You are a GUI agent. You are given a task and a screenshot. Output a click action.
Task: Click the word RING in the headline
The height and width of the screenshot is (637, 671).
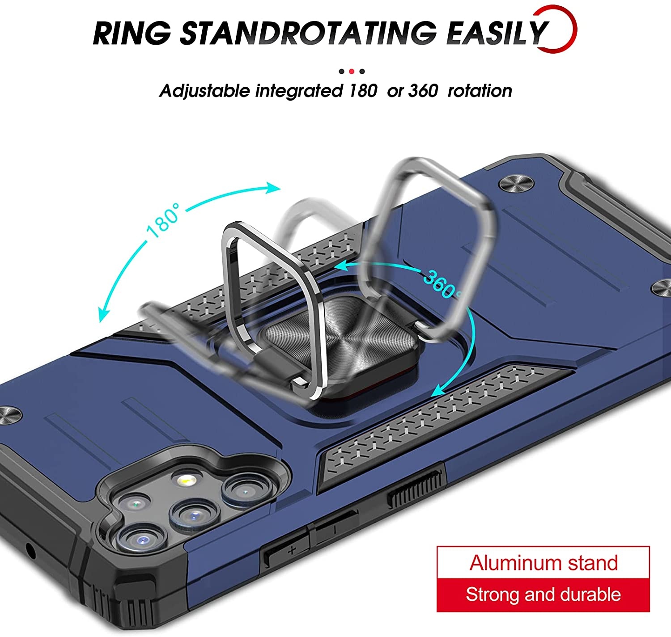tap(132, 33)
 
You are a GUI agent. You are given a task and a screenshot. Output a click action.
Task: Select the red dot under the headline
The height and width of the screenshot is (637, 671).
tap(352, 72)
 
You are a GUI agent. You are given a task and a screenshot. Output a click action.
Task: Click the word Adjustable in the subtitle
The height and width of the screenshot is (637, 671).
tap(204, 92)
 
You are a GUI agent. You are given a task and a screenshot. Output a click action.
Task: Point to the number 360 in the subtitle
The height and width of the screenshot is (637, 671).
tap(423, 91)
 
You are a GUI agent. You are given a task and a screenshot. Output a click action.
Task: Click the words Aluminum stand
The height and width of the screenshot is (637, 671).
tap(544, 563)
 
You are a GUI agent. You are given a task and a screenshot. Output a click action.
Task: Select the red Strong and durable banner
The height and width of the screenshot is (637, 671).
tap(543, 595)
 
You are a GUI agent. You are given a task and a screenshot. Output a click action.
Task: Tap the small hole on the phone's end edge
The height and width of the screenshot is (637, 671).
tap(31, 551)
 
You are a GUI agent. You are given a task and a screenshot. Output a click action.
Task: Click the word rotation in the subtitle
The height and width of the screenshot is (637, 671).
tap(480, 91)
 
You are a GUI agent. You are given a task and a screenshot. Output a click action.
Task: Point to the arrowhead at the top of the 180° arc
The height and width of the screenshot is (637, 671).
tap(272, 188)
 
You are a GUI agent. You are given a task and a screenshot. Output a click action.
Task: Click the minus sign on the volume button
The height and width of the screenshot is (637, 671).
tap(335, 529)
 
